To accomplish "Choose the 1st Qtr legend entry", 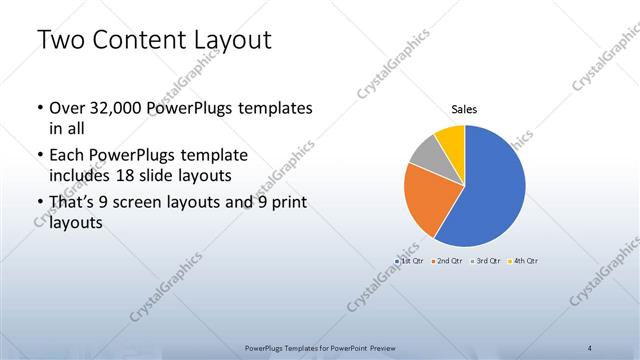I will click(411, 260).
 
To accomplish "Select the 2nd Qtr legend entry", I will click(448, 260).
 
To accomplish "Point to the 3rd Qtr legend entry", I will click(486, 260).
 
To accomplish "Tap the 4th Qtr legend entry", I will click(523, 260).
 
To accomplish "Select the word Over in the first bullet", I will click(67, 108).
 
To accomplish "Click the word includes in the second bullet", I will click(81, 174).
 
